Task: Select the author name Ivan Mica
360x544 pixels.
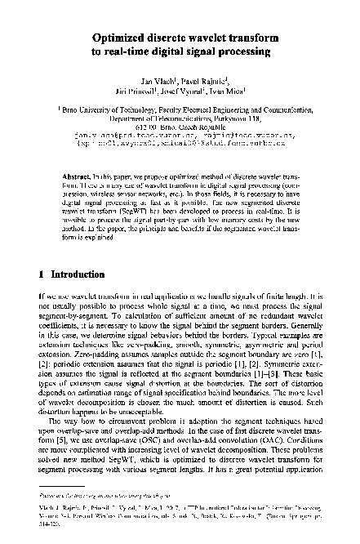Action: (x=225, y=92)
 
